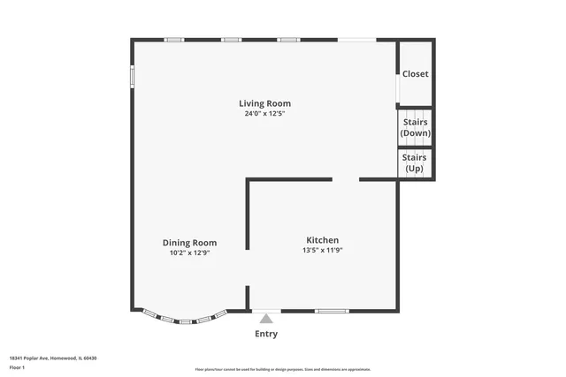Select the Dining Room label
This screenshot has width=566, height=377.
(189, 243)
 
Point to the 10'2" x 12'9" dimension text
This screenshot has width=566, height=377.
(189, 253)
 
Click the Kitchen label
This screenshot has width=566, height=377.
(322, 240)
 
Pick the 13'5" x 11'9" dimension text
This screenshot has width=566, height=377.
(322, 250)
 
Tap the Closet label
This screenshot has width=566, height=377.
(416, 74)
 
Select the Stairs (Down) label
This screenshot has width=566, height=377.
(416, 128)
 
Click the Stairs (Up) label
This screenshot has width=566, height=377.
(415, 163)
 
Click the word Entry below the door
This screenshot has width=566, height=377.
(266, 334)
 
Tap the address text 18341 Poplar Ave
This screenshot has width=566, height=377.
(53, 358)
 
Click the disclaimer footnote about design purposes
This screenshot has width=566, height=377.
(282, 369)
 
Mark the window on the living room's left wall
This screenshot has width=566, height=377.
(133, 77)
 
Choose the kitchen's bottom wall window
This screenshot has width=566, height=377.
(332, 311)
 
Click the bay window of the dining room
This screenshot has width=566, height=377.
(180, 318)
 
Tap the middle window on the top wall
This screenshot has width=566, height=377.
(232, 40)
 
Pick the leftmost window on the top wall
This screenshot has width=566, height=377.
(174, 40)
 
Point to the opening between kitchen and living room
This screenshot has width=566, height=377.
(345, 180)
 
